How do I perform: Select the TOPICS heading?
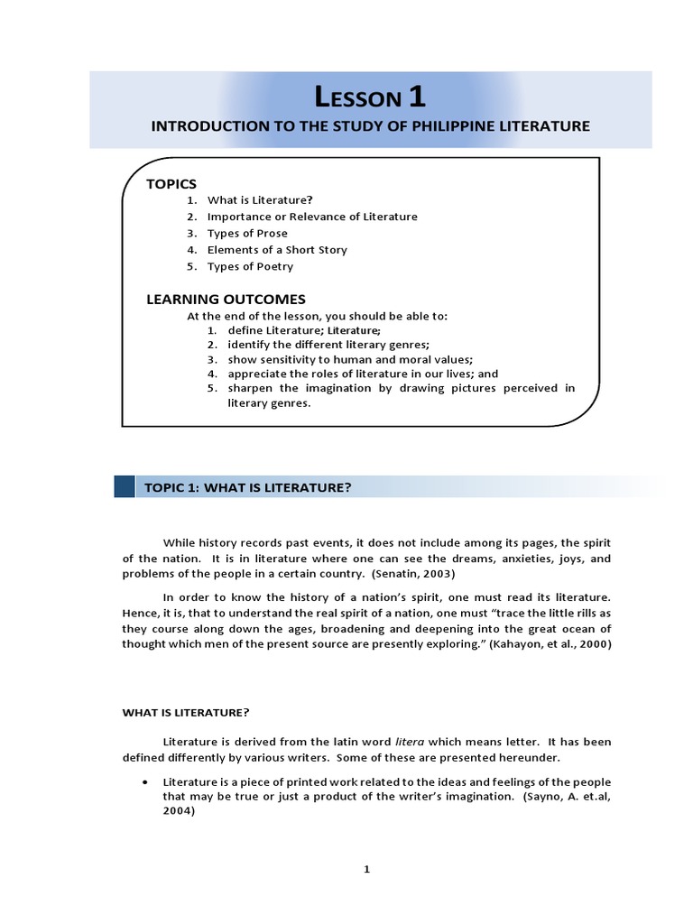coord(171,184)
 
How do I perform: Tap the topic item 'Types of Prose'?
coord(247,233)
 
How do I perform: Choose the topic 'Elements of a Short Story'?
coord(277,250)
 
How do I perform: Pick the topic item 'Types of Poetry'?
coord(250,266)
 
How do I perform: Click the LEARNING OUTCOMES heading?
coord(226,299)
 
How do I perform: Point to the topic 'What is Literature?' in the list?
coord(259,200)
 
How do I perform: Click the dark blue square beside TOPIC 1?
coord(125,487)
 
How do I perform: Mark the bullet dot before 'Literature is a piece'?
coord(144,781)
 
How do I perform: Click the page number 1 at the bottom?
coord(366,869)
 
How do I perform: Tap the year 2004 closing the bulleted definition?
coord(178,811)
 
